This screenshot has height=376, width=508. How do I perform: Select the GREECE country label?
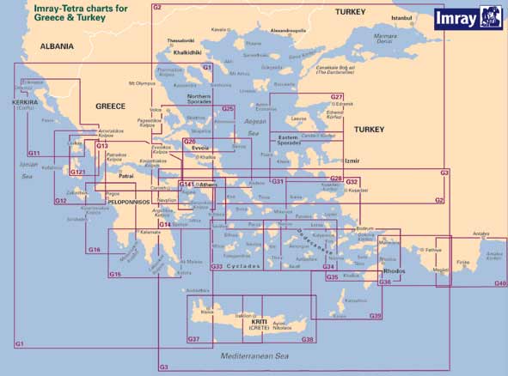110,106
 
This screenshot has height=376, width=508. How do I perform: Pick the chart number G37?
193,340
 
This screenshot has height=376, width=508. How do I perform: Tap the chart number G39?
376,316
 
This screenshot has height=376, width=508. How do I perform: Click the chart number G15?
114,275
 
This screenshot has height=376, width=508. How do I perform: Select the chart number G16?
94,249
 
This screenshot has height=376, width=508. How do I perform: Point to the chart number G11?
34,152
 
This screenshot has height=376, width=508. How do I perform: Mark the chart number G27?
337,96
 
